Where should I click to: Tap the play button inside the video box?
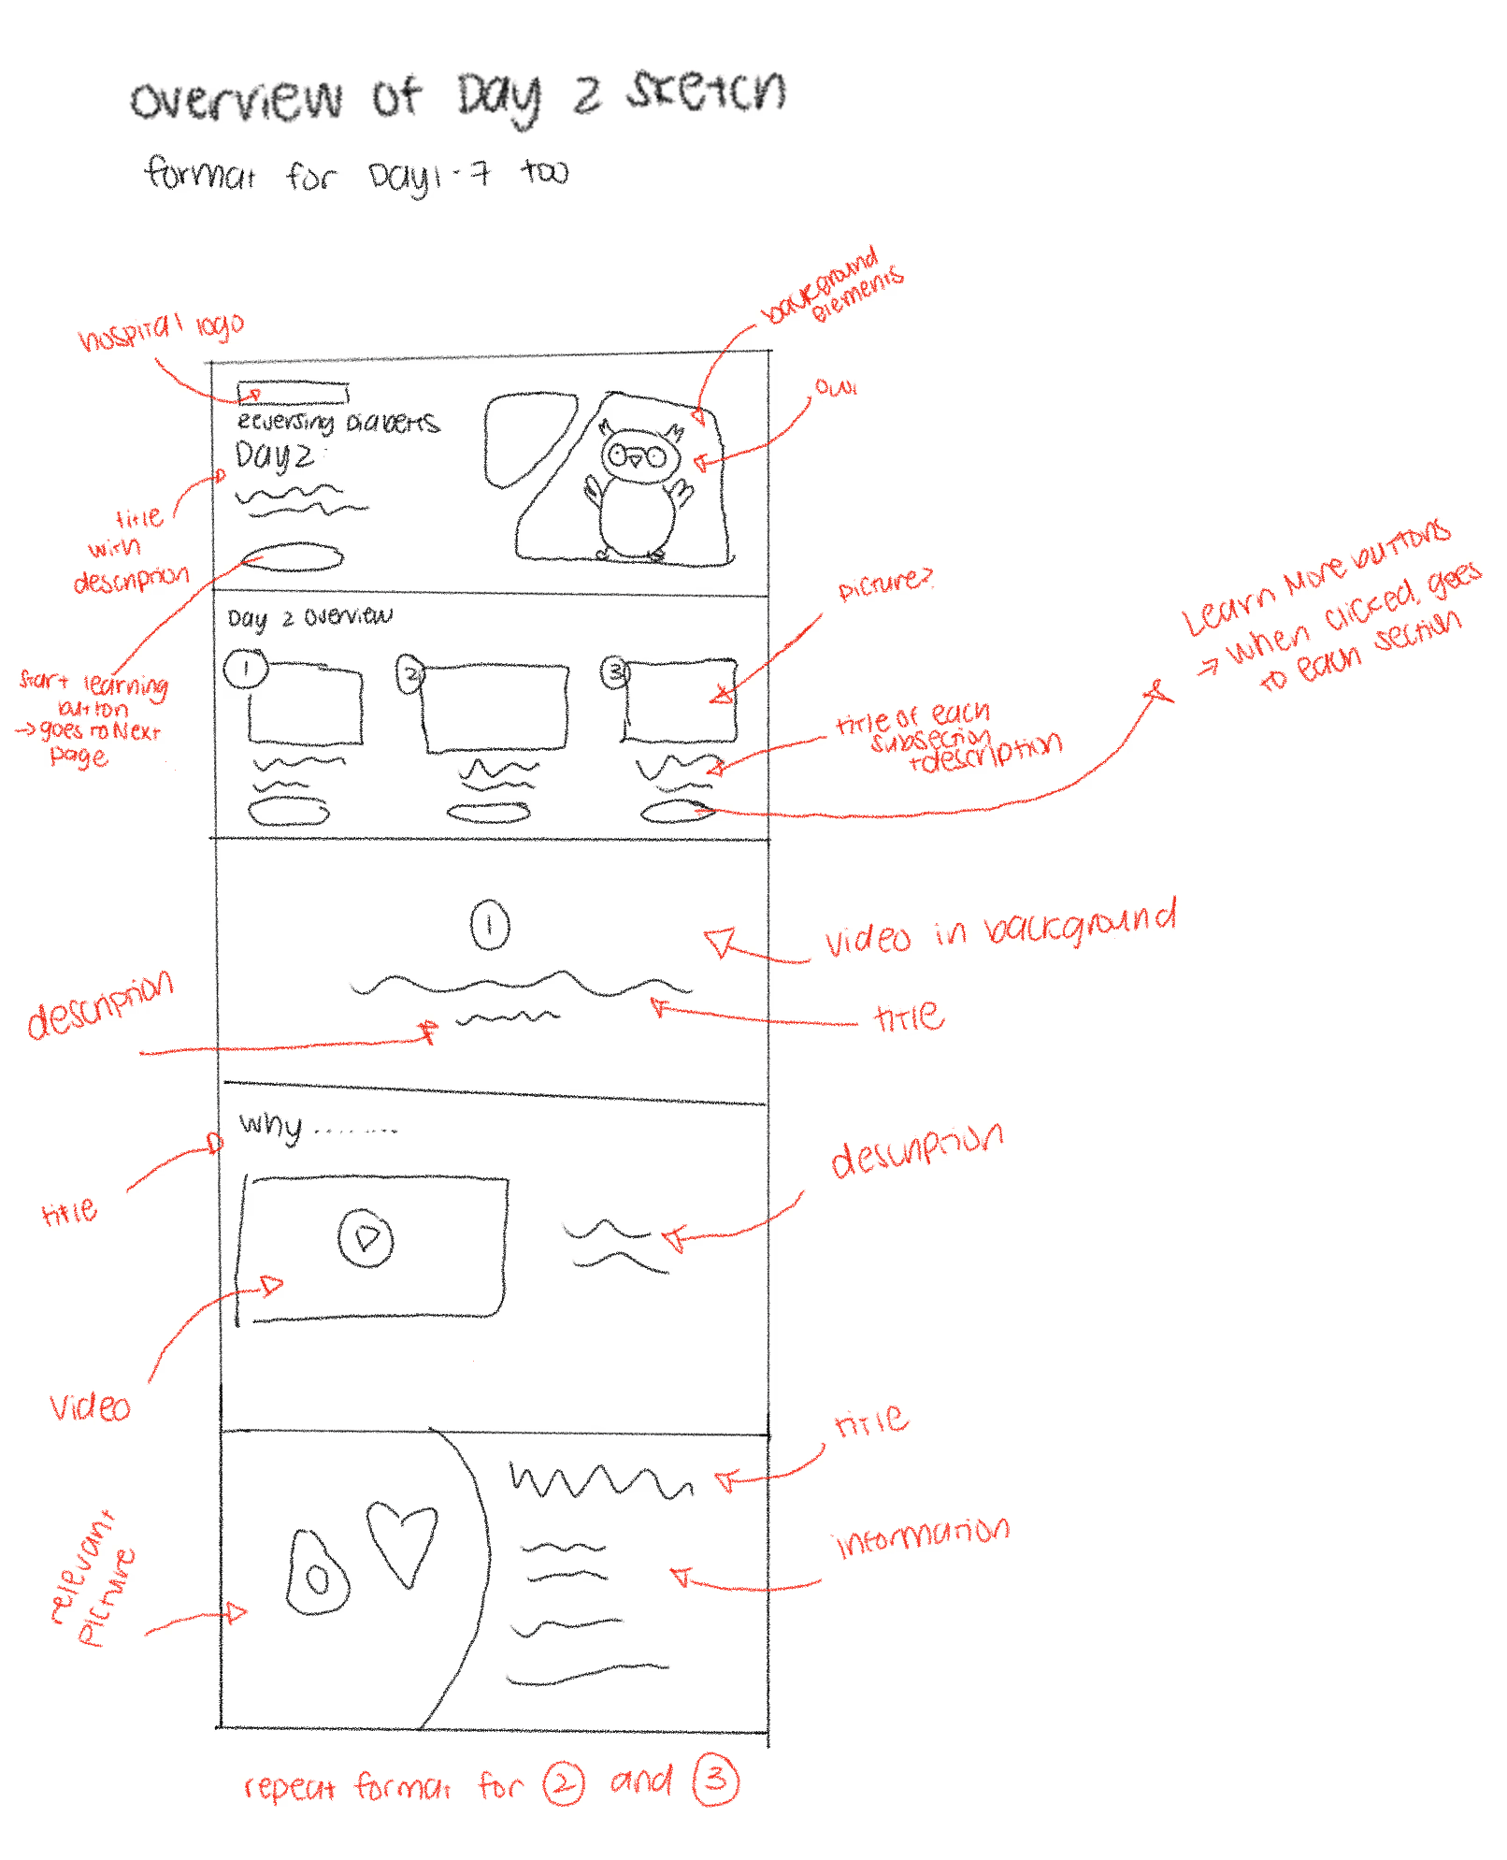pyautogui.click(x=366, y=1238)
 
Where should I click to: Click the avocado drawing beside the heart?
pyautogui.click(x=317, y=1575)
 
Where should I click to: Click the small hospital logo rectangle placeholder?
pyautogui.click(x=293, y=392)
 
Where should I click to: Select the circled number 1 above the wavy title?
pyautogui.click(x=489, y=925)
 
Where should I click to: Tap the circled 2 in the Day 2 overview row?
pyautogui.click(x=410, y=673)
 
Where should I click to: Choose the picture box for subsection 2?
pyautogui.click(x=495, y=707)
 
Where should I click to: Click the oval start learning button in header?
pyautogui.click(x=293, y=557)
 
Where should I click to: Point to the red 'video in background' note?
pyautogui.click(x=998, y=929)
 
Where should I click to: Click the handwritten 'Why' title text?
pyautogui.click(x=271, y=1124)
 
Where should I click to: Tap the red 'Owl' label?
pyautogui.click(x=835, y=386)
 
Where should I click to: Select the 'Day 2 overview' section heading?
pyautogui.click(x=309, y=617)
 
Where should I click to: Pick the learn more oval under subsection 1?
pyautogui.click(x=288, y=811)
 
